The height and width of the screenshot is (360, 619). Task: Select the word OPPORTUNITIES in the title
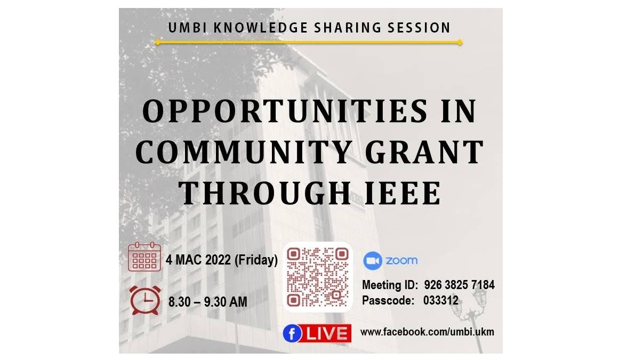284,111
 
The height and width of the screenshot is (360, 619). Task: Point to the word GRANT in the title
424,153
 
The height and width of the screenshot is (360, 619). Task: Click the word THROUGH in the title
264,193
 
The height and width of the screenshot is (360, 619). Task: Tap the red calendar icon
144,257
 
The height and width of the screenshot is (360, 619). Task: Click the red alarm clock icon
145,300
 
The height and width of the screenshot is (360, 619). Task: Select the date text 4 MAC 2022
198,260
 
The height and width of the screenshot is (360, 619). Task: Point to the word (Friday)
256,260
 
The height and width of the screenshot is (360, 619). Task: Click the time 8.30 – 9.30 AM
207,302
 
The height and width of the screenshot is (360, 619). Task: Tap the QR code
318,277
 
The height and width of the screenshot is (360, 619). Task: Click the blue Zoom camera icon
372,261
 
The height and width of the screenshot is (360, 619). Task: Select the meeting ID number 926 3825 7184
459,285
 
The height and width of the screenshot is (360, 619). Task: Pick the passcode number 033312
441,300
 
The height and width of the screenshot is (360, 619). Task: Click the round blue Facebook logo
292,334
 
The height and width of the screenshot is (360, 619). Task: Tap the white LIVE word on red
327,334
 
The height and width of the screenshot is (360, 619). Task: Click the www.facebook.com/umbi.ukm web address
427,332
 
